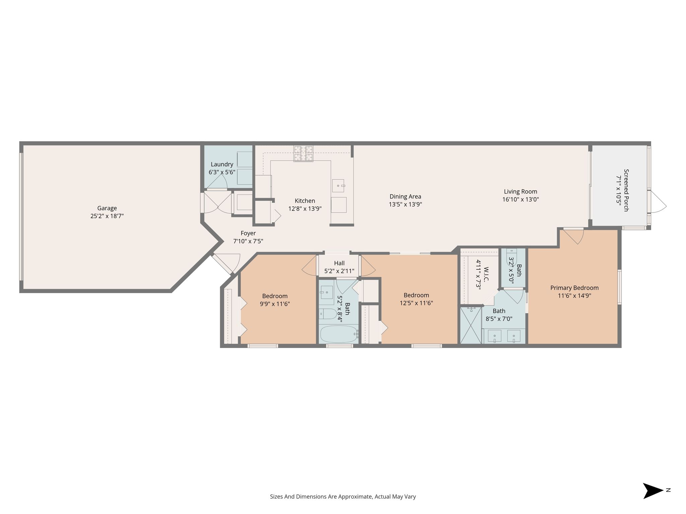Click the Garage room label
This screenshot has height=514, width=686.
tap(107, 208)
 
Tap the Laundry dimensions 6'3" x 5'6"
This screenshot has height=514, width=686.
tap(222, 172)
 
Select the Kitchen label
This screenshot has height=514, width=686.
tap(305, 201)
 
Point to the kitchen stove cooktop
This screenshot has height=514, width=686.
tap(303, 154)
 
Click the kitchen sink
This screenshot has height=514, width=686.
tap(338, 185)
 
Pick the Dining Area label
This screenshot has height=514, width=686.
tap(405, 196)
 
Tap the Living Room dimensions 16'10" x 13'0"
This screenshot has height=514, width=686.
tap(521, 200)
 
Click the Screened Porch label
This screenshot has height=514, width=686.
tap(626, 190)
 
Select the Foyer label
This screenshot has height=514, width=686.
tap(248, 233)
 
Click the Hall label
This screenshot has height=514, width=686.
tap(339, 263)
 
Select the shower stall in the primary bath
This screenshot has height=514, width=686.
tap(471, 326)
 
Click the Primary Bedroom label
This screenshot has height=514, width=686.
tap(574, 288)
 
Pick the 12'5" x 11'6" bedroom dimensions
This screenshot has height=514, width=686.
tap(416, 303)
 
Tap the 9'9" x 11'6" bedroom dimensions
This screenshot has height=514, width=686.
tap(275, 304)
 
